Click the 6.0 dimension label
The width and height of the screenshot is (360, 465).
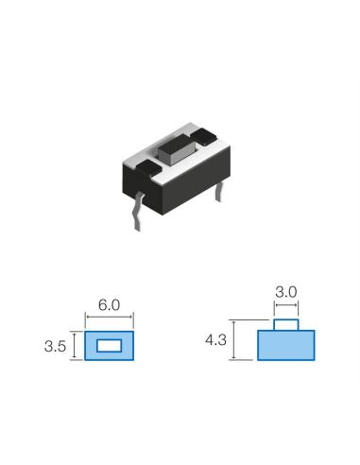[x=109, y=305]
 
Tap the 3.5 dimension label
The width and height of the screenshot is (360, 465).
[x=55, y=346]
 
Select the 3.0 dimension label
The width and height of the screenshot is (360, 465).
[x=286, y=292]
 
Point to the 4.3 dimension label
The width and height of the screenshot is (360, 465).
[x=215, y=340]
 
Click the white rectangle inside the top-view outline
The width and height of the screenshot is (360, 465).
[x=109, y=346]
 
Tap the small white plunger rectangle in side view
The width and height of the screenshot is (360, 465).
[x=286, y=325]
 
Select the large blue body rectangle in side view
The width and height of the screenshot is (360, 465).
[x=286, y=345]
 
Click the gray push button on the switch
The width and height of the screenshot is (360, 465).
[x=176, y=152]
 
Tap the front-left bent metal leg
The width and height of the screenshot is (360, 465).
[x=138, y=213]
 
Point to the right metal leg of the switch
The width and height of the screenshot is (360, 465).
[x=219, y=192]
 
